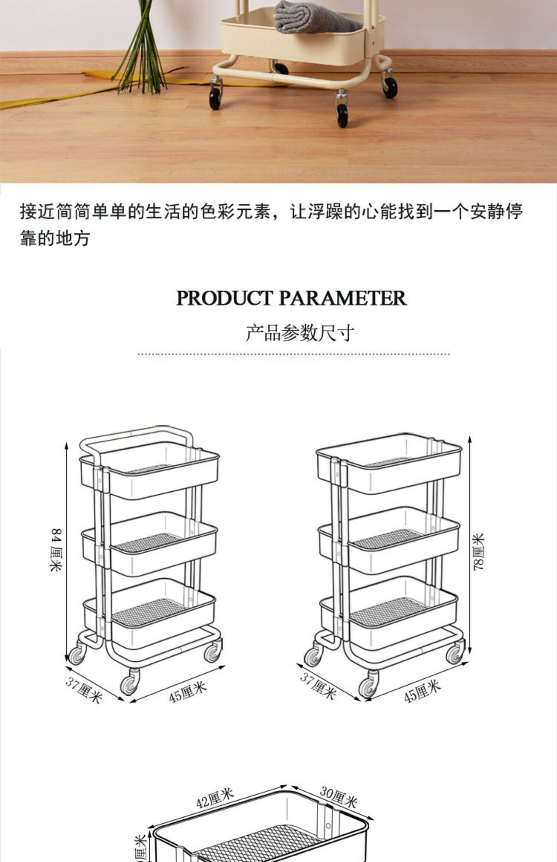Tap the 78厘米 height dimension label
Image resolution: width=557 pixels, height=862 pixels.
tap(478, 552)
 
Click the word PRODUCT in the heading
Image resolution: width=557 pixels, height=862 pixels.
tap(224, 298)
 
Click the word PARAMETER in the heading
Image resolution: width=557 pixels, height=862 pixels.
tap(342, 298)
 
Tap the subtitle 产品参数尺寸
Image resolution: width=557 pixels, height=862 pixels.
tap(300, 333)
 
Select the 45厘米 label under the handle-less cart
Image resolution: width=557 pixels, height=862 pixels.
tap(422, 692)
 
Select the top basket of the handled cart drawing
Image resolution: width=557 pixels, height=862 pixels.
tap(149, 473)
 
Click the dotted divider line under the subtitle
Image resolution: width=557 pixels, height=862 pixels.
tap(293, 354)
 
